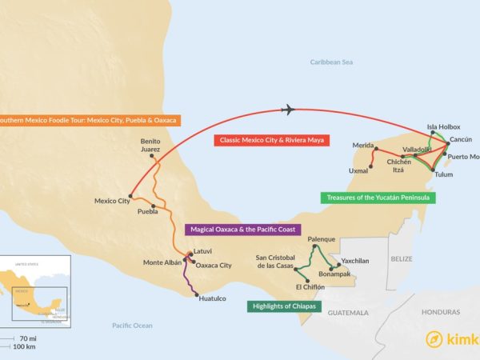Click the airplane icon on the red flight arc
point(290,110)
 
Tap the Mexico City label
point(111,201)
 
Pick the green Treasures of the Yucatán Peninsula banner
point(378,197)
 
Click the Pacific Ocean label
point(132,326)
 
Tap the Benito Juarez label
point(152,143)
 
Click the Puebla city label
point(147,212)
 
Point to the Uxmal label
point(358,171)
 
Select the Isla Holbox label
point(443,126)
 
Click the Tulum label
point(443,174)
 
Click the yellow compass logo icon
point(434,338)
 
